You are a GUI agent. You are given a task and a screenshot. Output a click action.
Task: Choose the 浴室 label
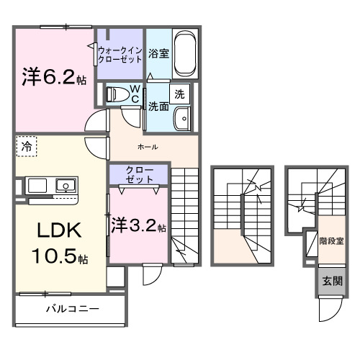pyautogui.click(x=158, y=53)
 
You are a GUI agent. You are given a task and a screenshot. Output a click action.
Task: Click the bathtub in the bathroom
pyautogui.click(x=186, y=52)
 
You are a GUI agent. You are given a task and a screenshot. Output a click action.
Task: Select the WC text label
pyautogui.click(x=135, y=94)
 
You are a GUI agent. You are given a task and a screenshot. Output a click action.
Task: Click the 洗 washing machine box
pyautogui.click(x=179, y=94)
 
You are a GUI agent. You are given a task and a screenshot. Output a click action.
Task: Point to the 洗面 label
pyautogui.click(x=158, y=106)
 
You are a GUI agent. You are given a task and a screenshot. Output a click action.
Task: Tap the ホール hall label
pyautogui.click(x=147, y=147)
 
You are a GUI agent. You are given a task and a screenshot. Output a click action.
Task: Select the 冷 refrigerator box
pyautogui.click(x=27, y=146)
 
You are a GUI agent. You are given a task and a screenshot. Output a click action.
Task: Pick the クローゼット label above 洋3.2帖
pyautogui.click(x=138, y=174)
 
